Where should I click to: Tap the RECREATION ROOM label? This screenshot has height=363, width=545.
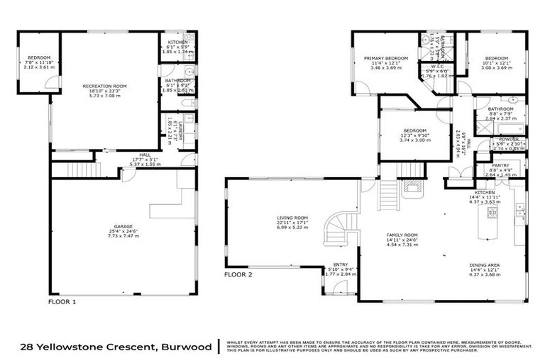(x=107, y=86)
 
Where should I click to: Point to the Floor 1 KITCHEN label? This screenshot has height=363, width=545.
(x=177, y=41)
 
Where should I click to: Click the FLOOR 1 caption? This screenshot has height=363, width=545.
(x=62, y=301)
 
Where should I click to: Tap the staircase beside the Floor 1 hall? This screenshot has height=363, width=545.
(x=75, y=169)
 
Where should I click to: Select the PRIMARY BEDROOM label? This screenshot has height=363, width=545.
(x=386, y=58)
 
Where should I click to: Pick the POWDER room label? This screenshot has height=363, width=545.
(x=507, y=139)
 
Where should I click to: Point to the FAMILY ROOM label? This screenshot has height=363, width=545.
(x=402, y=234)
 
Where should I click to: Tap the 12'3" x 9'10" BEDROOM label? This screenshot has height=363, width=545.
(x=414, y=130)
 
